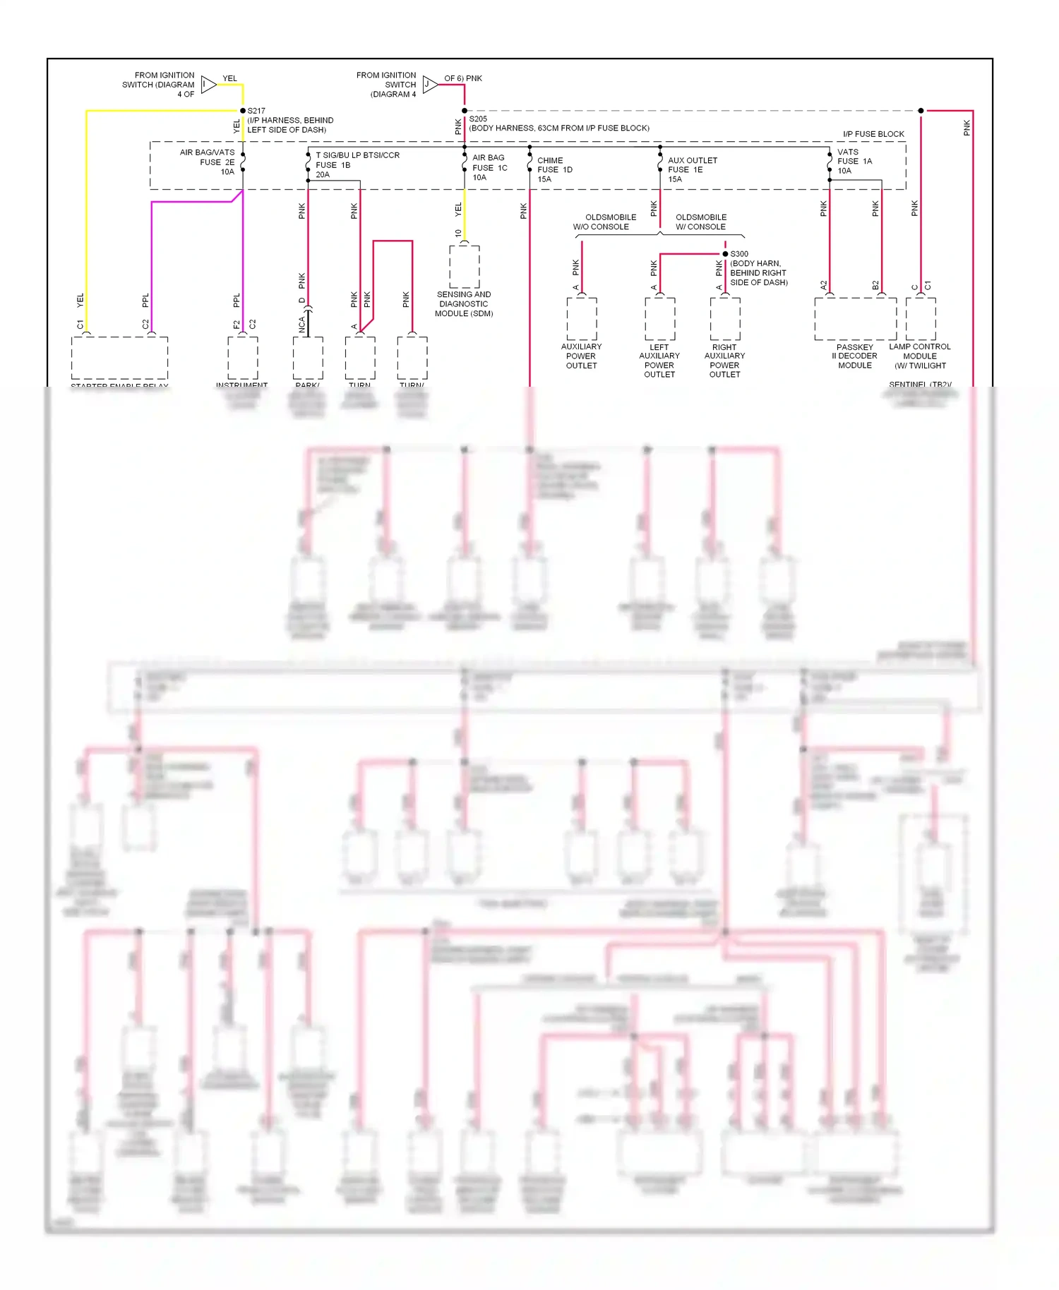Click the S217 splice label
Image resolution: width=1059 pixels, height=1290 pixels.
(x=256, y=111)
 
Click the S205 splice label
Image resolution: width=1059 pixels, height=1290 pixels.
(x=478, y=119)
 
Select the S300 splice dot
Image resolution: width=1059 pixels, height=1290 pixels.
(x=725, y=254)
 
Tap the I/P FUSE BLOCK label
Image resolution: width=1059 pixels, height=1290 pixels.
(x=873, y=134)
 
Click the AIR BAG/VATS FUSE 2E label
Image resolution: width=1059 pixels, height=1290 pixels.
(x=208, y=162)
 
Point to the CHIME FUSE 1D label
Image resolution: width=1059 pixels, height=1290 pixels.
(x=554, y=169)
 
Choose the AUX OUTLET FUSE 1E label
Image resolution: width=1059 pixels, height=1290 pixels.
(x=691, y=169)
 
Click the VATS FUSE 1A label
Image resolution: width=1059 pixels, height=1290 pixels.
(x=854, y=161)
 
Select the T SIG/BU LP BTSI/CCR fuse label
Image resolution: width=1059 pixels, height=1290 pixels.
(x=357, y=164)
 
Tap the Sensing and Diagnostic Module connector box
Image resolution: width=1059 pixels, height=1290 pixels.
(x=465, y=267)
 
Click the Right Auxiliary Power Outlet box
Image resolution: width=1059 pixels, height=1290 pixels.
(x=725, y=319)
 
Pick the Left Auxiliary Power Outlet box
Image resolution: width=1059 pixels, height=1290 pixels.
(x=660, y=319)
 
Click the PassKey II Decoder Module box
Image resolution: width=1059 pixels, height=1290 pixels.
(x=855, y=319)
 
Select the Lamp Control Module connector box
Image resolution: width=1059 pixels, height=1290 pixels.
(x=921, y=319)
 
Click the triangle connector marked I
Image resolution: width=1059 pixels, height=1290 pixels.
(x=208, y=85)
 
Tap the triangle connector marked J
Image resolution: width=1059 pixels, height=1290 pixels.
(x=429, y=85)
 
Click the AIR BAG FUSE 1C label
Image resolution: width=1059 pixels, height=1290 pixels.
(x=489, y=167)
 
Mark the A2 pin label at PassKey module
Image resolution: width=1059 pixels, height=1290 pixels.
(x=823, y=285)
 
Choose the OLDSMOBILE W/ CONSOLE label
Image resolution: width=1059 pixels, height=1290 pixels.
(x=700, y=222)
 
